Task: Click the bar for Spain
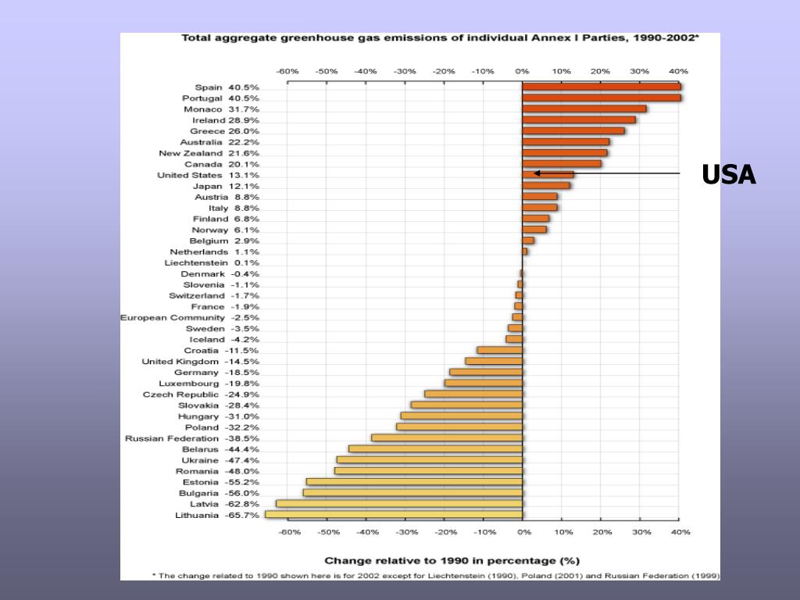pyautogui.click(x=602, y=87)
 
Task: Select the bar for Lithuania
pyautogui.click(x=394, y=514)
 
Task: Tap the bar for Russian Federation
pyautogui.click(x=447, y=437)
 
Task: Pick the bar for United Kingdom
pyautogui.click(x=494, y=361)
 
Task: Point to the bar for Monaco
pyautogui.click(x=584, y=109)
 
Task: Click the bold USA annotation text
pyautogui.click(x=728, y=175)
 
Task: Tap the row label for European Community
pyautogui.click(x=189, y=317)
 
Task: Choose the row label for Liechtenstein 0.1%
pyautogui.click(x=212, y=262)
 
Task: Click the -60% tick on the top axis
pyautogui.click(x=287, y=71)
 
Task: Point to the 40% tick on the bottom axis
pyautogui.click(x=679, y=532)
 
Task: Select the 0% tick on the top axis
pyautogui.click(x=522, y=71)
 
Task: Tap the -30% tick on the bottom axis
pyautogui.click(x=405, y=532)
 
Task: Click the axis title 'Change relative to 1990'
pyautogui.click(x=452, y=560)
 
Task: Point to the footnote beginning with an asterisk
pyautogui.click(x=435, y=576)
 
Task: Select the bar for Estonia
pyautogui.click(x=414, y=481)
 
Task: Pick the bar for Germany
pyautogui.click(x=486, y=372)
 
